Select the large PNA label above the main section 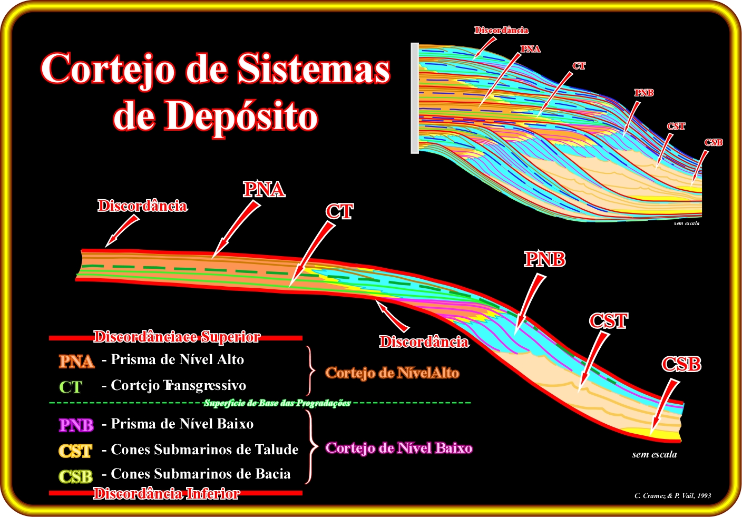(264, 189)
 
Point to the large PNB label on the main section (545, 259)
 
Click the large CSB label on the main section (682, 364)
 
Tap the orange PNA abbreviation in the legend (76, 362)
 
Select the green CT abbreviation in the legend (70, 387)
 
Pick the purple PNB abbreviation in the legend (76, 425)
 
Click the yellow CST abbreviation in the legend (75, 451)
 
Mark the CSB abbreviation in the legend (75, 476)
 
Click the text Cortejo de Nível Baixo (399, 448)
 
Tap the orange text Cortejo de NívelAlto (392, 373)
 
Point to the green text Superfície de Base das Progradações (277, 403)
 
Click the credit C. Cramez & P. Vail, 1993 (673, 496)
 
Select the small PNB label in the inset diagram (644, 93)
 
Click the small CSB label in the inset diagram (713, 142)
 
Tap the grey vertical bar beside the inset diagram (415, 98)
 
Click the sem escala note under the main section (654, 454)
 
